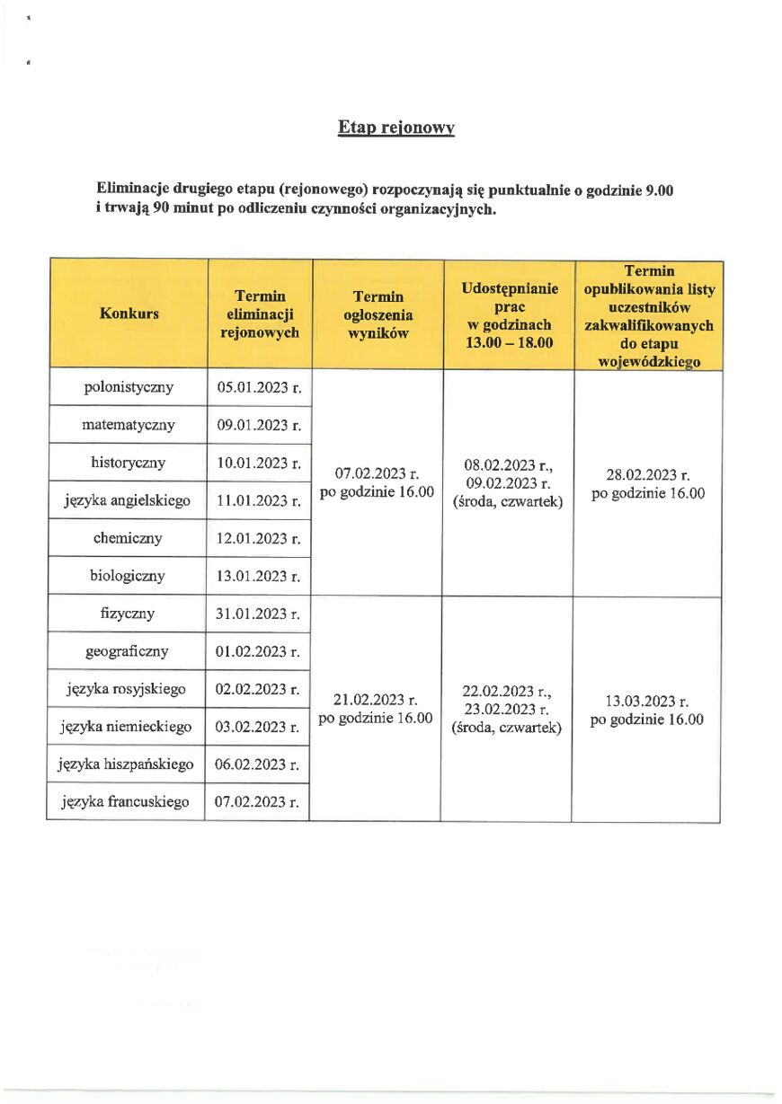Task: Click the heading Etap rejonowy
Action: point(396,128)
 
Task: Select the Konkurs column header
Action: point(129,314)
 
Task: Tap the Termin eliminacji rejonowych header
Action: point(260,314)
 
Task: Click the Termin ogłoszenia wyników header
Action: point(378,314)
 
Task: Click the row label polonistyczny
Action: point(129,388)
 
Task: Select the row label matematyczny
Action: point(129,425)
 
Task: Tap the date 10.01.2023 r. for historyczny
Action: point(259,464)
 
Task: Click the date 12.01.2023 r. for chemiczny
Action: point(259,538)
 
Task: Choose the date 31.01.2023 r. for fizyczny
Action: point(258,614)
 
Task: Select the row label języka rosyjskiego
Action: point(127,689)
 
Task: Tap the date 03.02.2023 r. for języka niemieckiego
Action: point(258,727)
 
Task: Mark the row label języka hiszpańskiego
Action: point(126,764)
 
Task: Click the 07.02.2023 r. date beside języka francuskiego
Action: point(257,802)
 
